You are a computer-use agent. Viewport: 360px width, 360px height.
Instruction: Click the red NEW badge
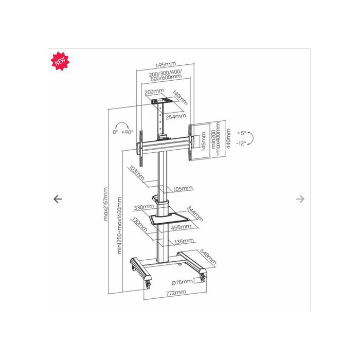[60, 61]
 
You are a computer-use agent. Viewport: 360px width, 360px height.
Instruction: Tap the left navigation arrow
[58, 199]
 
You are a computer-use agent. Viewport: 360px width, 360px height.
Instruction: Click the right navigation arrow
[300, 199]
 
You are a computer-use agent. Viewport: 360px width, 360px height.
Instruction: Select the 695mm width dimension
[166, 64]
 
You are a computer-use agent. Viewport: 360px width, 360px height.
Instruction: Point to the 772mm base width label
[176, 293]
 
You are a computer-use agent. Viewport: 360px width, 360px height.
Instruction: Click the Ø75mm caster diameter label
[182, 282]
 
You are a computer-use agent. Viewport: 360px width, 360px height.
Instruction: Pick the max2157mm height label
[105, 204]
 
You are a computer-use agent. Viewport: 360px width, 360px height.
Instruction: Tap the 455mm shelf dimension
[181, 227]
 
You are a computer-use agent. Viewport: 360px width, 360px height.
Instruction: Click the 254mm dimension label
[176, 117]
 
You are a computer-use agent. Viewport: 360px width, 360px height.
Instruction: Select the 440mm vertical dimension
[228, 138]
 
